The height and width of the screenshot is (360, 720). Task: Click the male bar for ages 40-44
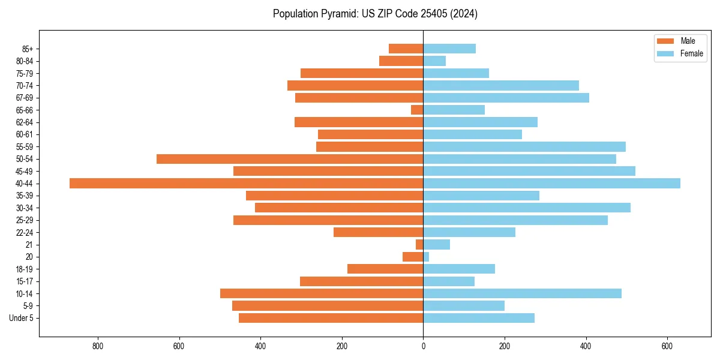pos(246,184)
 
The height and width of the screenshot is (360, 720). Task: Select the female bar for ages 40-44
pos(551,184)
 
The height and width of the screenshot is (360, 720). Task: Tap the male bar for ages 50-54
pos(290,159)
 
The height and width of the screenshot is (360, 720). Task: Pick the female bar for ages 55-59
pos(524,147)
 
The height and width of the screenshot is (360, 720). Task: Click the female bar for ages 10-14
pos(522,293)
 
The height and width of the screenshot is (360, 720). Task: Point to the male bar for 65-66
pos(417,110)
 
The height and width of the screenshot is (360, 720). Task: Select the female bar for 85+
pos(449,49)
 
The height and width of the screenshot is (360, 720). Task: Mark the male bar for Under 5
pos(331,318)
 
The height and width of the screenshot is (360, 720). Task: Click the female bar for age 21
pos(436,245)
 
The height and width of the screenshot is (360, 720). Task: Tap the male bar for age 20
pos(413,257)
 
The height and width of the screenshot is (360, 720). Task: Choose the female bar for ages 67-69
pos(506,98)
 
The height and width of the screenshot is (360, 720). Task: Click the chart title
pos(375,14)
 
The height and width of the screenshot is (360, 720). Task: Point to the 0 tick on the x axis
pos(423,346)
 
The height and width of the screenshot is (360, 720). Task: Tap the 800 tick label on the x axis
pos(98,346)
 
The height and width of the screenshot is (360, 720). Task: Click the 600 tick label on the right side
pos(667,346)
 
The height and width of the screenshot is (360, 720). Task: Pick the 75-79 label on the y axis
pos(25,74)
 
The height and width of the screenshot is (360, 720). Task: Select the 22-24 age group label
pos(25,233)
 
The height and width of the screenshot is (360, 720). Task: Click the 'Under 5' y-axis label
pos(21,318)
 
